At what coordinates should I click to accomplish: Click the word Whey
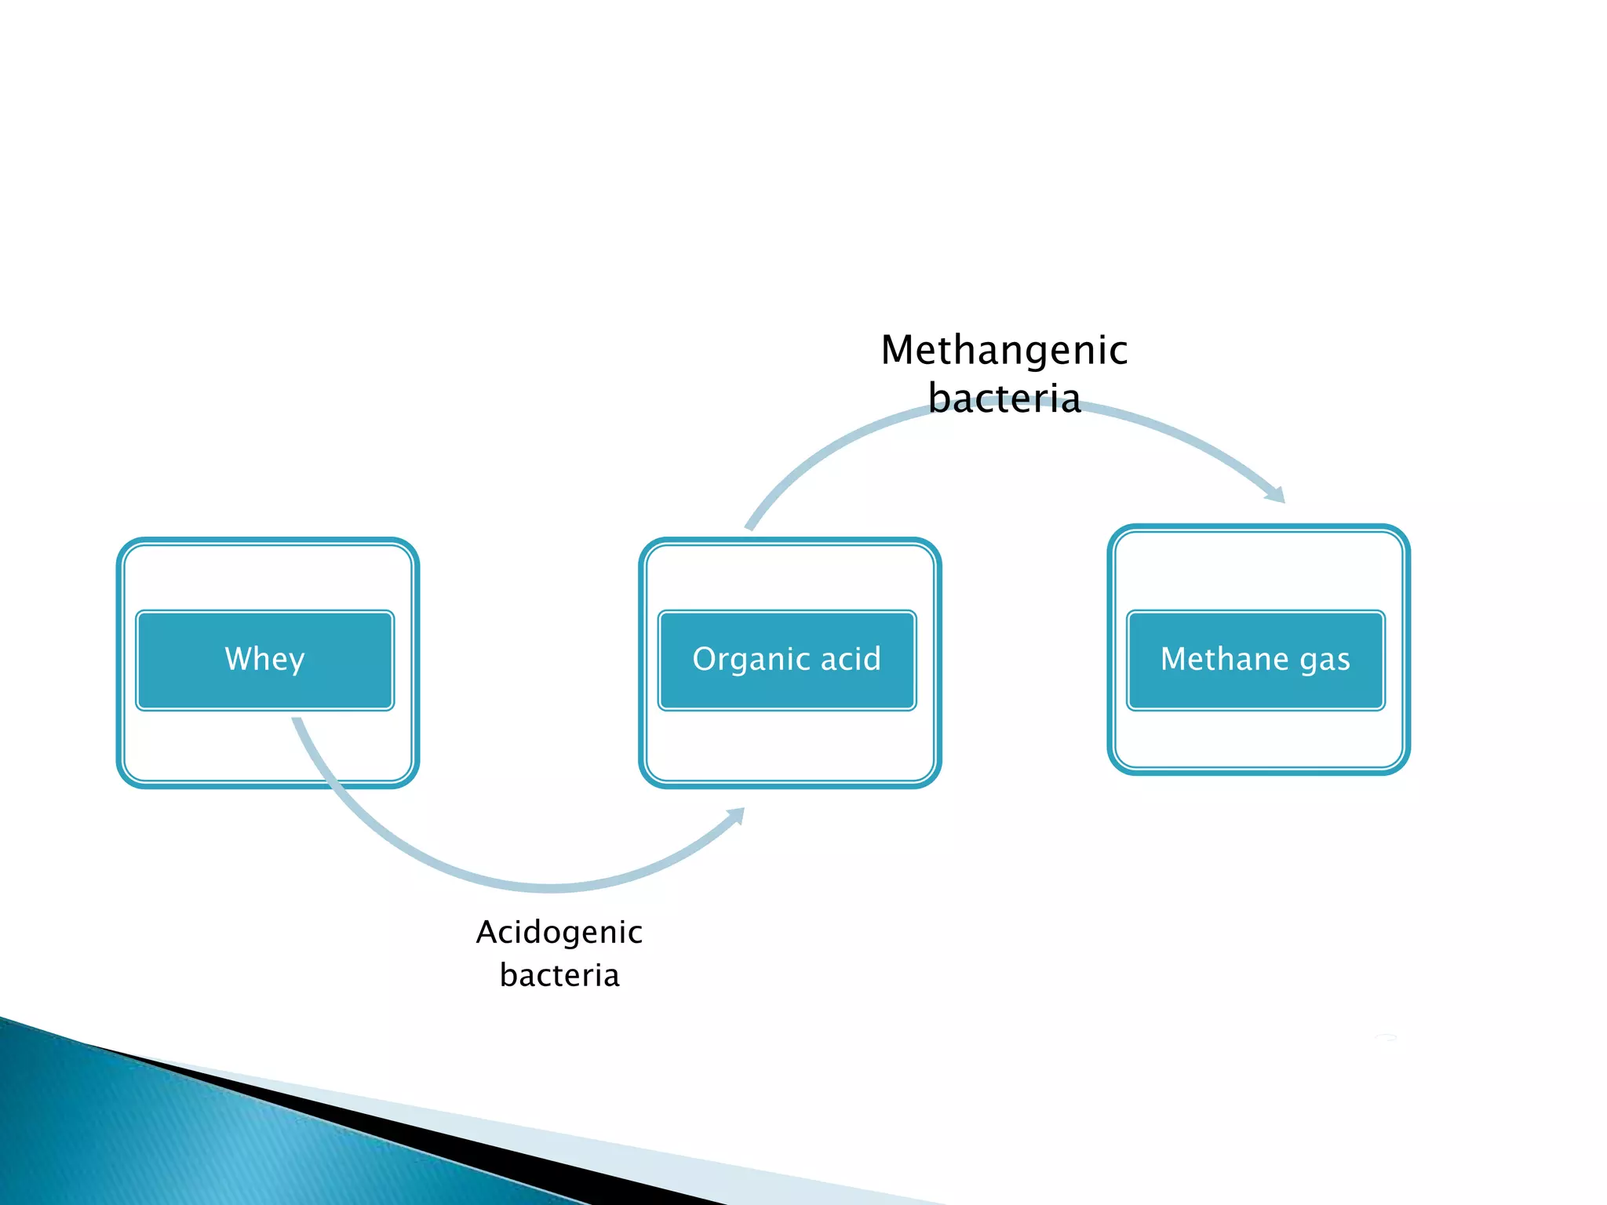coord(264,659)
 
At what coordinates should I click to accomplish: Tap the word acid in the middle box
coord(851,659)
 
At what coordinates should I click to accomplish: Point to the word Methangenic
coord(1004,351)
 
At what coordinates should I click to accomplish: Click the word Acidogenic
coord(559,933)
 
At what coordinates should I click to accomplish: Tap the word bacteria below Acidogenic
coord(559,975)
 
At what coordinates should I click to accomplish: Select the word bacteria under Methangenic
coord(1004,399)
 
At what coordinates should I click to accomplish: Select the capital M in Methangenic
coord(898,351)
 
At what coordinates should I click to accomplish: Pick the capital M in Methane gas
coord(1175,658)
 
